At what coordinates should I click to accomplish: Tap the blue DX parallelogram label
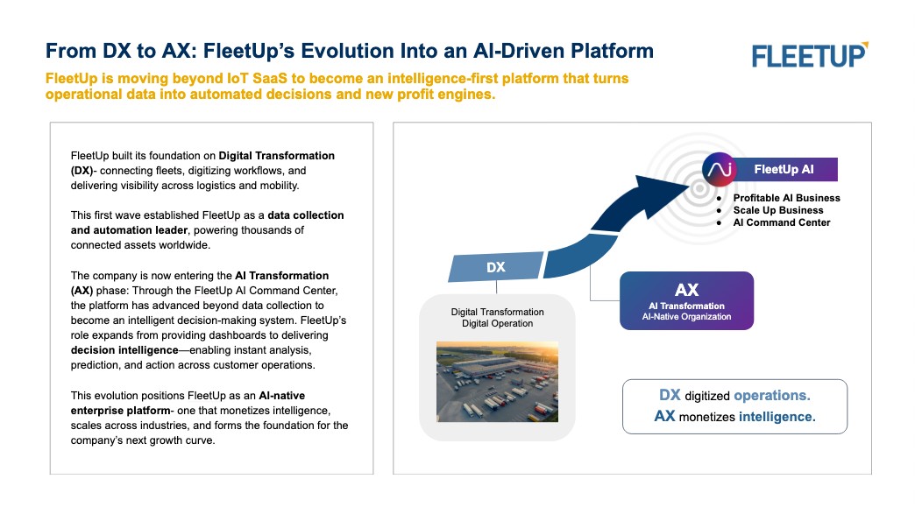point(495,268)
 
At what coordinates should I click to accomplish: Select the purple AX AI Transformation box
point(686,300)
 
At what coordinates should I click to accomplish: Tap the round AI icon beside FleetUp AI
point(719,169)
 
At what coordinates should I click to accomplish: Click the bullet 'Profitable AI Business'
point(786,198)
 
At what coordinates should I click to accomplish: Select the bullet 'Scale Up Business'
point(778,210)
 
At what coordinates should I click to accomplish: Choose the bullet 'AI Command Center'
point(782,222)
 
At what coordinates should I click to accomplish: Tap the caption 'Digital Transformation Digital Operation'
point(497,318)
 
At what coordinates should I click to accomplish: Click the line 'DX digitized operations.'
point(734,395)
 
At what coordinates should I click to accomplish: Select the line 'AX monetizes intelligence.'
point(734,416)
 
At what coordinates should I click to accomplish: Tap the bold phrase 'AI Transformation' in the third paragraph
point(282,275)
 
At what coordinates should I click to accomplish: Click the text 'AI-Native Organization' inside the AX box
point(686,317)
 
